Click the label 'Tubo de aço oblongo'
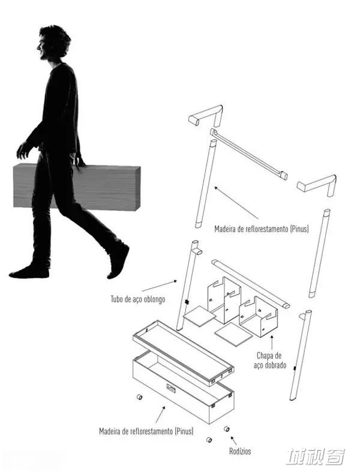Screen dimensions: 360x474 (138, 299)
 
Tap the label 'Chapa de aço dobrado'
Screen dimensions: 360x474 (269, 361)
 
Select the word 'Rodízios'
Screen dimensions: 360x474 (240, 451)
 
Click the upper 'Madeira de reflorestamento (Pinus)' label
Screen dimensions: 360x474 (262, 229)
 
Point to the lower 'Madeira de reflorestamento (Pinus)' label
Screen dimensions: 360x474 (146, 431)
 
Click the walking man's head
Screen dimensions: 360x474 (54, 43)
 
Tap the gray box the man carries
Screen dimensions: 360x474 (77, 187)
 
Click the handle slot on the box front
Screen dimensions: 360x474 (171, 388)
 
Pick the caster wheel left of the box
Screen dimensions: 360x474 (139, 397)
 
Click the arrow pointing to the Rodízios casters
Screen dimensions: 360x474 (233, 440)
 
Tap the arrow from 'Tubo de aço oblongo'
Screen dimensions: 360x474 (159, 286)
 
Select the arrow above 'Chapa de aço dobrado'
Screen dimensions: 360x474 (272, 342)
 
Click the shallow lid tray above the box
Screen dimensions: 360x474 (183, 353)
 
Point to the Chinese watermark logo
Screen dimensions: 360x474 (316, 457)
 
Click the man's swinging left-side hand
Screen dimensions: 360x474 (23, 150)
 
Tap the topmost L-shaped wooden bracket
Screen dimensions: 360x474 (206, 115)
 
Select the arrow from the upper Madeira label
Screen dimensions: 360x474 (236, 203)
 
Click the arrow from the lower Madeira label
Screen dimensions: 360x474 (160, 415)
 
